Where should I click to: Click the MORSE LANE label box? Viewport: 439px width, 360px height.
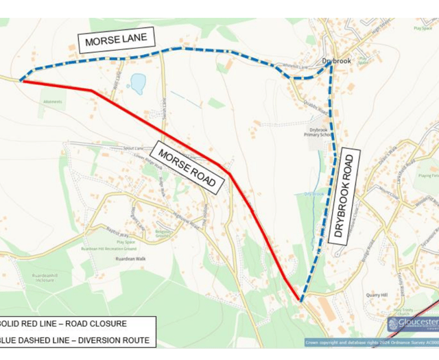coord(117,40)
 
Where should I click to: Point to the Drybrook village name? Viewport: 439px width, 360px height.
coord(337,61)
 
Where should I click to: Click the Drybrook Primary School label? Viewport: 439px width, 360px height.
coord(318,132)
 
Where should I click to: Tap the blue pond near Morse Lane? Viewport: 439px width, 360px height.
coord(137,83)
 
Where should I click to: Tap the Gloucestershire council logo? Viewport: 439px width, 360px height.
coord(412,323)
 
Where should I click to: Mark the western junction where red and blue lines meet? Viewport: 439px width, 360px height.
coord(22,81)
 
